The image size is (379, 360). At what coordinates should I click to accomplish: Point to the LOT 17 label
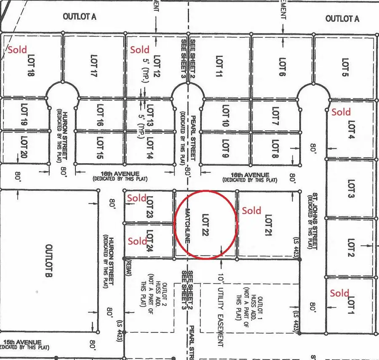point(93,66)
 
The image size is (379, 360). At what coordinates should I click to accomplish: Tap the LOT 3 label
point(351,190)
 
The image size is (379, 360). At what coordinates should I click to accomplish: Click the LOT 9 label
point(225,149)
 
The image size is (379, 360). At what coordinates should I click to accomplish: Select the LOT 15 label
point(100,148)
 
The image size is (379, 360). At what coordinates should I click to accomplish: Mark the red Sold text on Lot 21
point(251,210)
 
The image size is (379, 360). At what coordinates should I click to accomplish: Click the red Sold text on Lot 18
point(17,50)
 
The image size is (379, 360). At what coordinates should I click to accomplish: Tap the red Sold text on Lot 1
point(339,293)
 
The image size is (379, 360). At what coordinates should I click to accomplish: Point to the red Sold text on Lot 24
point(137,241)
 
